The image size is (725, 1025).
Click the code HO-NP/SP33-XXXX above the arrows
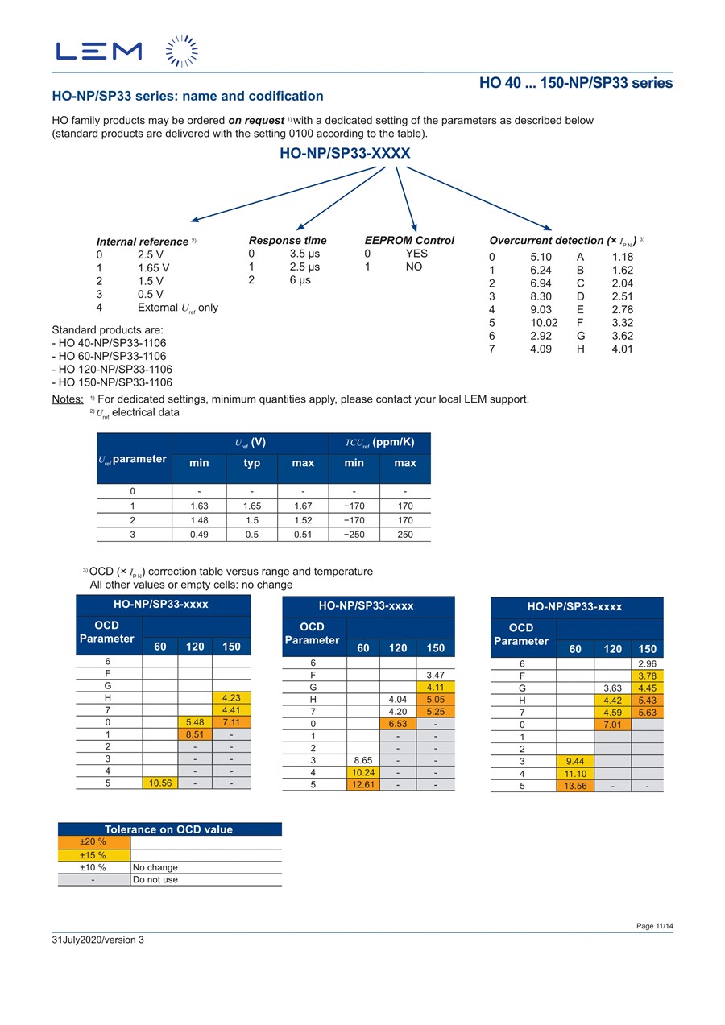point(345,153)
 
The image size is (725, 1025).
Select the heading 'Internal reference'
point(143,242)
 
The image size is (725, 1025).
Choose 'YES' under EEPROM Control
point(416,254)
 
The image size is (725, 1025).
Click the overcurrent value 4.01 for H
point(623,349)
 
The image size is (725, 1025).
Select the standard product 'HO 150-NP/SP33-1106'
point(112,382)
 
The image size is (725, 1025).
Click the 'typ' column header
point(252,463)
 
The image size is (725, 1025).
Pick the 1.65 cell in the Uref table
point(252,506)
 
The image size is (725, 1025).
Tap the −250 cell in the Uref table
point(354,535)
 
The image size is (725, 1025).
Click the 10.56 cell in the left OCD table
point(159,782)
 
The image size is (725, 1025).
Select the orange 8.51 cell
point(194,734)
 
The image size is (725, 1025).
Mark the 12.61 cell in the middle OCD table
point(363,784)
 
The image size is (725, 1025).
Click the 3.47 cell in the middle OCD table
point(436,675)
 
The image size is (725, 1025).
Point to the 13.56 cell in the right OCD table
point(574,787)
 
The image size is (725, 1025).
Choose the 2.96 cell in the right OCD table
point(646,663)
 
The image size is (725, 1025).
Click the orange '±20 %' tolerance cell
point(93,841)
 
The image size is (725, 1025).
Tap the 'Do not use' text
point(155,879)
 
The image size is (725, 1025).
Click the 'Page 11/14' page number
point(654,926)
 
